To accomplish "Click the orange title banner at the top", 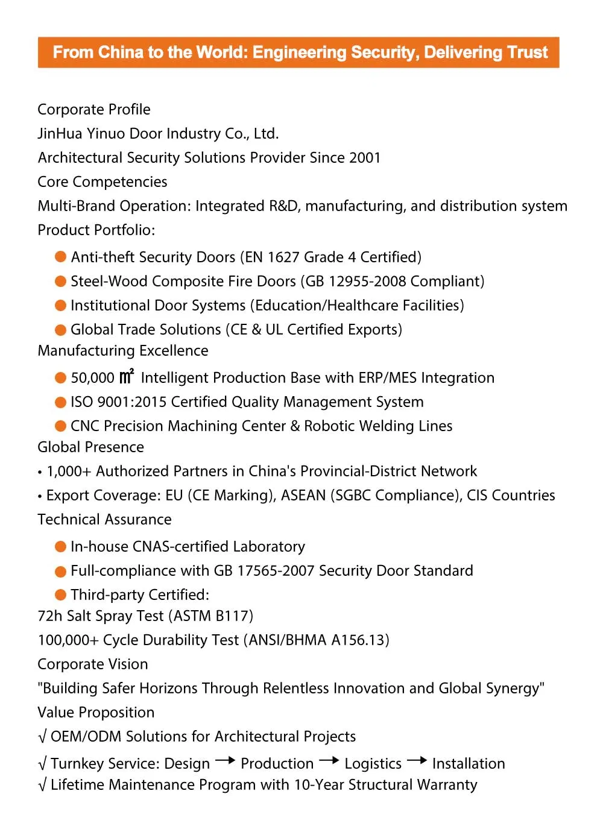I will click(x=298, y=52).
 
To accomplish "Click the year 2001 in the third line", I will click(x=365, y=158).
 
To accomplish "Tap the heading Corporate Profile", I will click(x=94, y=110).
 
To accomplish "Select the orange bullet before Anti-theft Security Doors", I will click(x=60, y=257).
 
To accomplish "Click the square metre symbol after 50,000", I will click(x=126, y=377).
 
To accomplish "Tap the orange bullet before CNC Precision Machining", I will click(x=60, y=426).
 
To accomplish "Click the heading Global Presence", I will click(x=91, y=447).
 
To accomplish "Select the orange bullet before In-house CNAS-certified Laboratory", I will click(x=60, y=547).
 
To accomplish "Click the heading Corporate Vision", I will click(x=93, y=664).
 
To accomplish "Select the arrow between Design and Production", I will click(x=225, y=761).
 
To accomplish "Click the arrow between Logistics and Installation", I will click(x=417, y=761).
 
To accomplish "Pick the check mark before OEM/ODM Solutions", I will click(x=42, y=737).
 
